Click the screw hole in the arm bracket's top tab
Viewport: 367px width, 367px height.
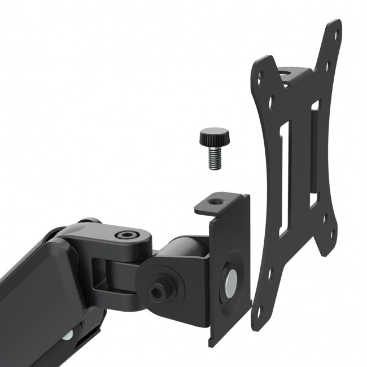pyautogui.click(x=216, y=200)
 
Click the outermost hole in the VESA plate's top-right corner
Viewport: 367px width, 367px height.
pyautogui.click(x=337, y=34)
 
